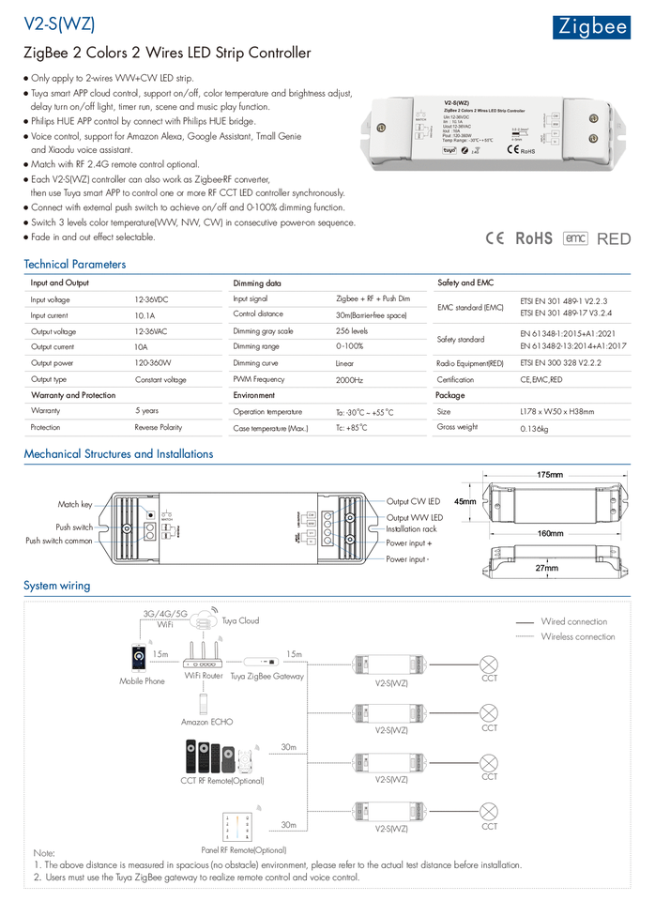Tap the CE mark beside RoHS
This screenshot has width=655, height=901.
coord(496,238)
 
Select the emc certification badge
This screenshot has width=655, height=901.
coord(575,238)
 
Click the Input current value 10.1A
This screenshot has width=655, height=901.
coord(145,316)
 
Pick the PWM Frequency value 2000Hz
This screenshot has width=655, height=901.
coord(349,380)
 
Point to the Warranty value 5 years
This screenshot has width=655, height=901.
coord(146,411)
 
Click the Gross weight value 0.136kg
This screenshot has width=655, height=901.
coord(534,428)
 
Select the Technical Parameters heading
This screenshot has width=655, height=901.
coord(74,265)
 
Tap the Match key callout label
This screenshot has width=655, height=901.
coord(75,505)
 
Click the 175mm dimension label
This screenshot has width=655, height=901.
coord(550,476)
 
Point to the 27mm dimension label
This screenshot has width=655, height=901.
coord(547,568)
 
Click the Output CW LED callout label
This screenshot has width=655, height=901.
coord(413,502)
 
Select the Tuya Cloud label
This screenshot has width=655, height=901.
coord(240,620)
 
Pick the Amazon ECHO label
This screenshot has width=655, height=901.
coord(206,722)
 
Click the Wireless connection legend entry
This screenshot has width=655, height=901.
coord(577,636)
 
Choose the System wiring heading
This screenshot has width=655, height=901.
coord(57,586)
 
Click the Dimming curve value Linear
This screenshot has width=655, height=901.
coord(344,363)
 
